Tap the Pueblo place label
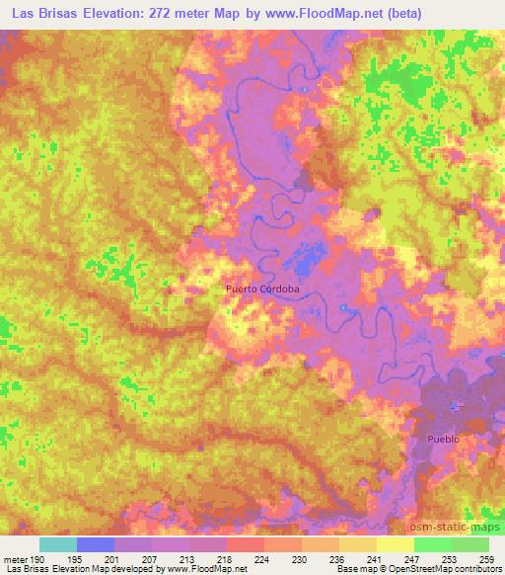(x=444, y=437)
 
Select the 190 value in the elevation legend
(x=36, y=559)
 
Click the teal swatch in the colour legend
(x=57, y=544)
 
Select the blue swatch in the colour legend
(x=96, y=544)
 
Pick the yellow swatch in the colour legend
(x=396, y=544)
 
